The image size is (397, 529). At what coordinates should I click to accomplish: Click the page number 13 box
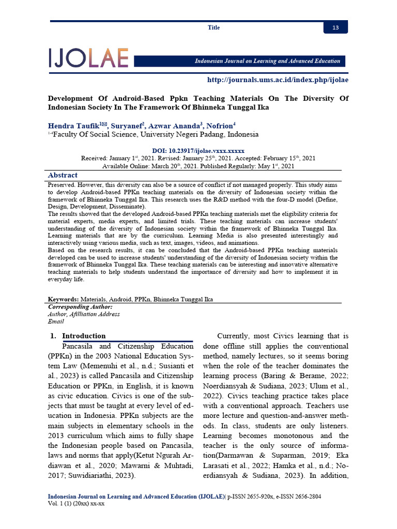click(x=335, y=27)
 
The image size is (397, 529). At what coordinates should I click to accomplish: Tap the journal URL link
click(x=278, y=80)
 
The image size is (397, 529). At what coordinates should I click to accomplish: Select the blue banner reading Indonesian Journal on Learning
click(x=267, y=61)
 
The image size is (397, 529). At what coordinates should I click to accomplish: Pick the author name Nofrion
click(x=219, y=126)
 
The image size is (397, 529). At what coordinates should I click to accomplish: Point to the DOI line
click(x=198, y=150)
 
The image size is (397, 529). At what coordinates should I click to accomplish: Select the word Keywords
click(x=63, y=299)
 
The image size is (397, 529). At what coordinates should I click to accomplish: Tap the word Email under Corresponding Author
click(x=56, y=321)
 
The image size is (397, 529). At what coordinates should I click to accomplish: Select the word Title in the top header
click(x=213, y=27)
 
